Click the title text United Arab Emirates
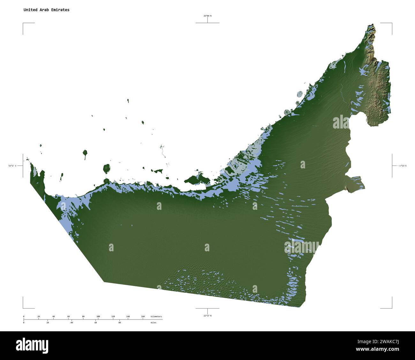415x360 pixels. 46,10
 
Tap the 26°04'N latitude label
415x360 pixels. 207,16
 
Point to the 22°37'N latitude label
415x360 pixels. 207,316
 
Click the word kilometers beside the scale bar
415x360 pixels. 156,317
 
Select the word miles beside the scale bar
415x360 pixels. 154,323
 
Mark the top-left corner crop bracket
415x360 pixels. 23,23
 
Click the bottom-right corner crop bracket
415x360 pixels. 392,308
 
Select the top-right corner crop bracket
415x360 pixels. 392,23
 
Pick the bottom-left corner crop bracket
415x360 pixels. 23,308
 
